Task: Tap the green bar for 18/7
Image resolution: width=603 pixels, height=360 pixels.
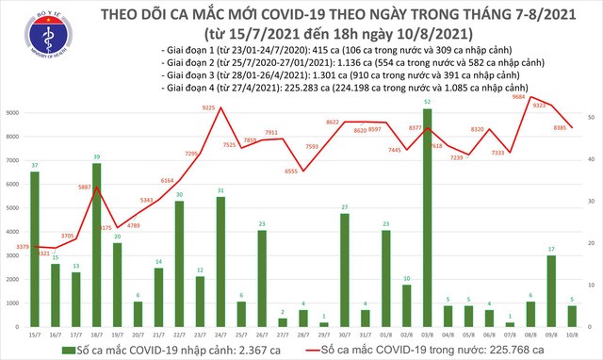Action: click(x=96, y=244)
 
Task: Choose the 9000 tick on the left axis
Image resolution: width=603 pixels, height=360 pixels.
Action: click(x=13, y=113)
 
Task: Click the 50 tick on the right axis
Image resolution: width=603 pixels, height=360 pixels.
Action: click(x=590, y=116)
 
